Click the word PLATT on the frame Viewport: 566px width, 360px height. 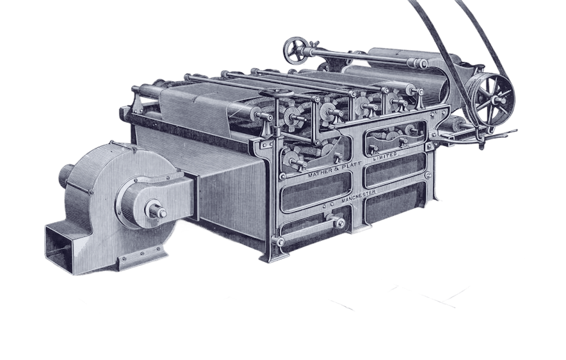[350, 168]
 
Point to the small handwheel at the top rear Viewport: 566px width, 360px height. [296, 50]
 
